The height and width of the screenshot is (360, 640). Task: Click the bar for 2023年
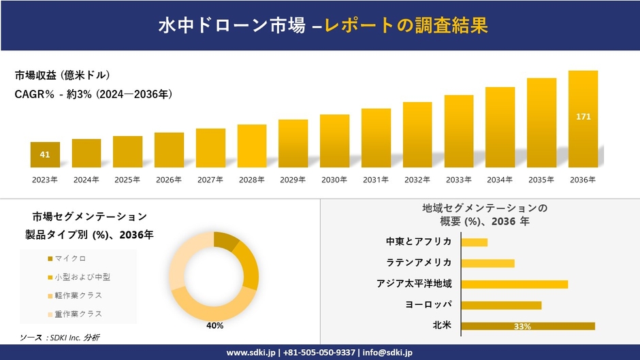point(45,154)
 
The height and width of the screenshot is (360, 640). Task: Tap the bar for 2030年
point(334,141)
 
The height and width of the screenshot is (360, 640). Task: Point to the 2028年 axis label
point(252,180)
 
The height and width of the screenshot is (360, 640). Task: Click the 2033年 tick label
point(458,180)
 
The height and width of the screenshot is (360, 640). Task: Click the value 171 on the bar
point(583,117)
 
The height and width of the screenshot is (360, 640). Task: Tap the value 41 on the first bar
point(45,154)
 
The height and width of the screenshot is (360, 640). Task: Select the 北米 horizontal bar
point(528,326)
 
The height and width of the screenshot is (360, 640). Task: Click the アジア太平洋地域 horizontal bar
point(514,284)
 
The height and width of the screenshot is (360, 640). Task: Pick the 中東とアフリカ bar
point(474,242)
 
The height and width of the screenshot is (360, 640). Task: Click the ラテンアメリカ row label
point(419,263)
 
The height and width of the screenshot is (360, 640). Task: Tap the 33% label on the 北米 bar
point(522,327)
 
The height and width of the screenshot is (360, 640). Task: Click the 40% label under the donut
point(214,326)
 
